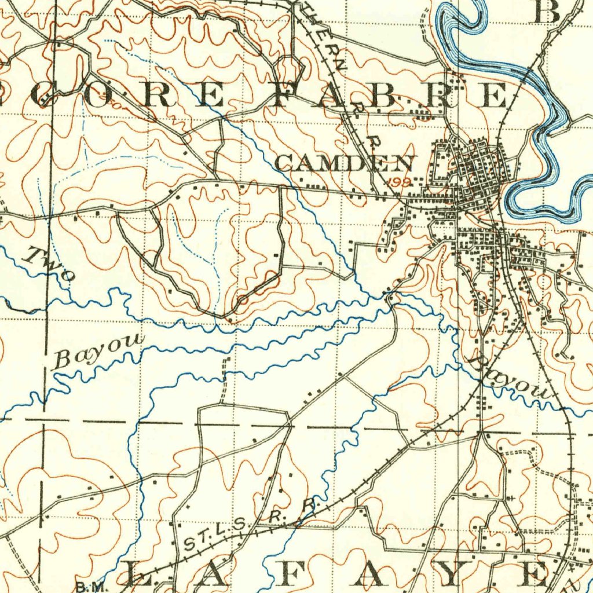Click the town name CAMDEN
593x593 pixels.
(345, 163)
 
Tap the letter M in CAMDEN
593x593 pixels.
(332, 163)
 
